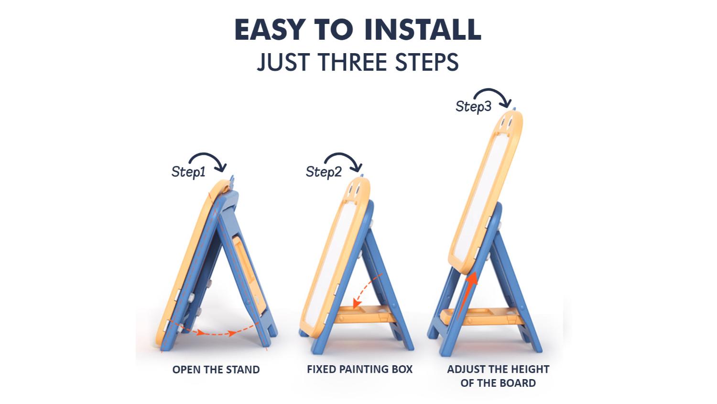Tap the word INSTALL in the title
(x=423, y=30)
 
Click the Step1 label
(x=188, y=172)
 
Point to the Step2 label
(x=324, y=172)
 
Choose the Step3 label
(x=473, y=106)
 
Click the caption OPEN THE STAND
(x=216, y=370)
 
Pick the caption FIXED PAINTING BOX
(x=360, y=370)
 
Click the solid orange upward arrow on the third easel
(x=467, y=295)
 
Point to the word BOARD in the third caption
(x=517, y=383)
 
